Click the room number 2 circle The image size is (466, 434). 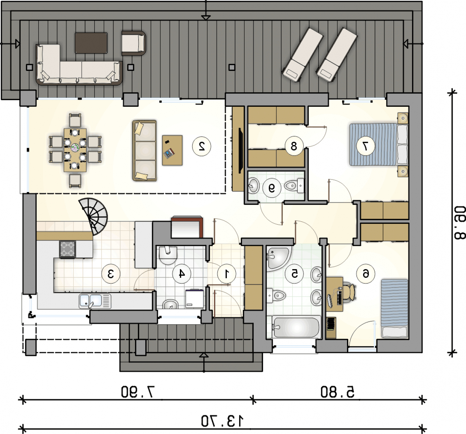[202, 146]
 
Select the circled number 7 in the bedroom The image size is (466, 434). [366, 146]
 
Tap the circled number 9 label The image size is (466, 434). [272, 188]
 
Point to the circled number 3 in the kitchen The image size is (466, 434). [111, 274]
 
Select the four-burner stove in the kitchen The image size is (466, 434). [67, 249]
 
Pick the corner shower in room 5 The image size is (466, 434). [278, 259]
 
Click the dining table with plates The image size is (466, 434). [75, 150]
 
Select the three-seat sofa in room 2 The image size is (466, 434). [144, 150]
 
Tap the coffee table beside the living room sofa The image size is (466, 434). [172, 150]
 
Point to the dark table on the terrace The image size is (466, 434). [91, 43]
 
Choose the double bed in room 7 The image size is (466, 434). [379, 145]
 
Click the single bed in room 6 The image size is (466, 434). [394, 309]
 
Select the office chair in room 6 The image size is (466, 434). [350, 292]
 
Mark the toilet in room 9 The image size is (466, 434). [294, 185]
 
